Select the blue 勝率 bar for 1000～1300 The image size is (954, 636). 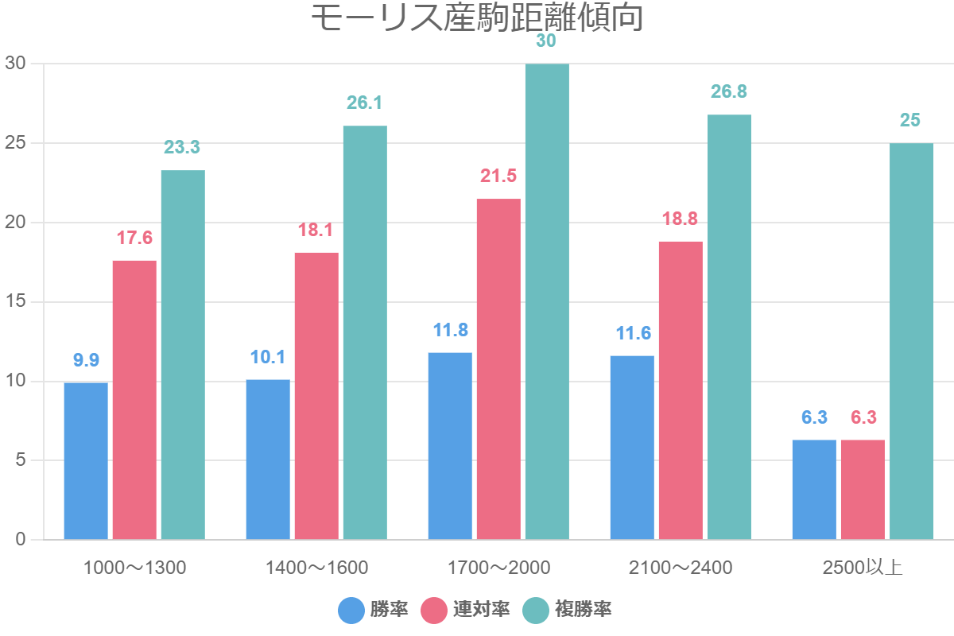coord(86,461)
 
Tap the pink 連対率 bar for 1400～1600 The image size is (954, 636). coord(316,396)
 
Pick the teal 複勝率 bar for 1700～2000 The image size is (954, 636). coord(547,302)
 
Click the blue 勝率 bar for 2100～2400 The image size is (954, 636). coord(632,448)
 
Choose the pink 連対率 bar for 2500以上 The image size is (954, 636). coord(863,490)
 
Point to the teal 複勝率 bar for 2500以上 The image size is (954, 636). coord(911,342)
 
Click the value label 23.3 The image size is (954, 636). coord(182,147)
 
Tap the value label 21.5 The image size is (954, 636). coord(498,176)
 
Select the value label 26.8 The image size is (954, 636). coord(729,91)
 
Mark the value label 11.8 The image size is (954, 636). coord(450,330)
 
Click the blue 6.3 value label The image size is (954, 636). coord(814,417)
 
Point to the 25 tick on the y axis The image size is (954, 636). coord(16,143)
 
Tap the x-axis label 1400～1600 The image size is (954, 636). coord(316,568)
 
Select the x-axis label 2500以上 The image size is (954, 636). coord(863,568)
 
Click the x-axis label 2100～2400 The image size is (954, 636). coord(681,568)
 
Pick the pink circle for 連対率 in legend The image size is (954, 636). coord(434,610)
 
